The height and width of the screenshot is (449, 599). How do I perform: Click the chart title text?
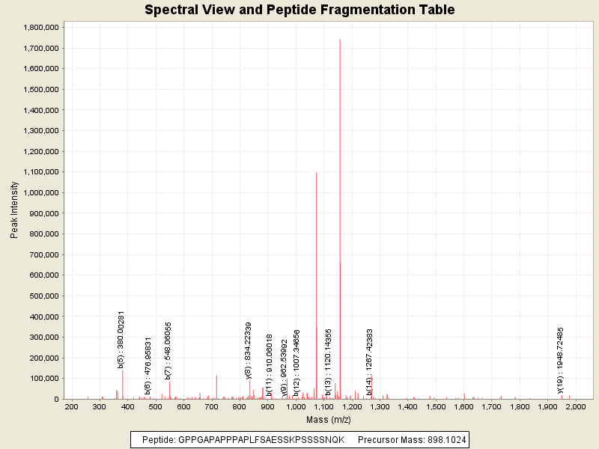coord(299,10)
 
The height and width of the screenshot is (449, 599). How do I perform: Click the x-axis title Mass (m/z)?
coord(323,421)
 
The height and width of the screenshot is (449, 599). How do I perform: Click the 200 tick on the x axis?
coord(71,407)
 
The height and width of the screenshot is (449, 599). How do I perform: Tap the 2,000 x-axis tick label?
coord(576,407)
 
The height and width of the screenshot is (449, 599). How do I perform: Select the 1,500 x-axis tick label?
coord(436,407)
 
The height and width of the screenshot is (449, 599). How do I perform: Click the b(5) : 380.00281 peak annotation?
coord(121,340)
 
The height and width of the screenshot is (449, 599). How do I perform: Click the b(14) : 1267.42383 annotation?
coord(369,361)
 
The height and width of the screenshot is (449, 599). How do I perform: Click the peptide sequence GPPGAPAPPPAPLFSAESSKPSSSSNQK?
coord(261,440)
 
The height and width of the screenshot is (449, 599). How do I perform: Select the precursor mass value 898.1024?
coord(444,440)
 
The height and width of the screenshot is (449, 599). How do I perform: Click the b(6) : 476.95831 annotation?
coord(148,365)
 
